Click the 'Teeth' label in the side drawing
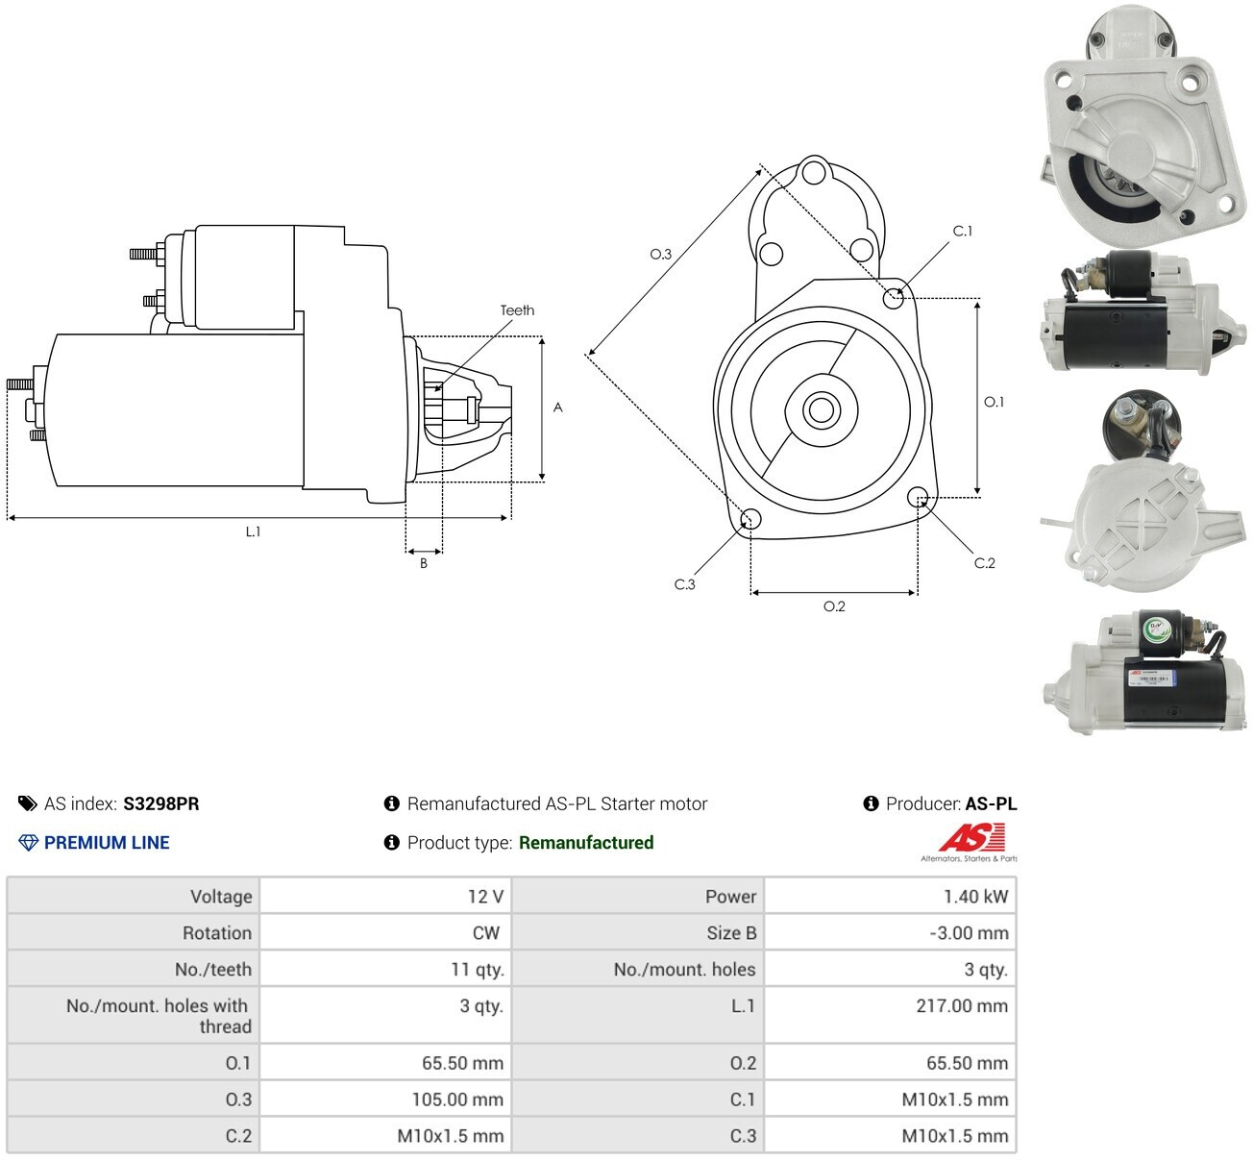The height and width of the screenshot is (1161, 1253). click(517, 310)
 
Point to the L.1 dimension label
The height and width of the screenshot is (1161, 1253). click(253, 531)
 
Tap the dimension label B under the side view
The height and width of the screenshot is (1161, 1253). click(424, 563)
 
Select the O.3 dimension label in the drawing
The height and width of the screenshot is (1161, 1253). click(660, 254)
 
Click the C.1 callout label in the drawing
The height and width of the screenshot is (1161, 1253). click(962, 231)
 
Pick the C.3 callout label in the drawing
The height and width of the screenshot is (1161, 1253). click(684, 584)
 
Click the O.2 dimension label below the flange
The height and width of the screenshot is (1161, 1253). click(834, 606)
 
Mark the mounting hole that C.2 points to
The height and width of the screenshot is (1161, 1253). click(918, 497)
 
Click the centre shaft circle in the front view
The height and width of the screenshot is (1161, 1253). click(821, 409)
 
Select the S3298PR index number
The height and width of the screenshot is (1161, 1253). click(160, 803)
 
